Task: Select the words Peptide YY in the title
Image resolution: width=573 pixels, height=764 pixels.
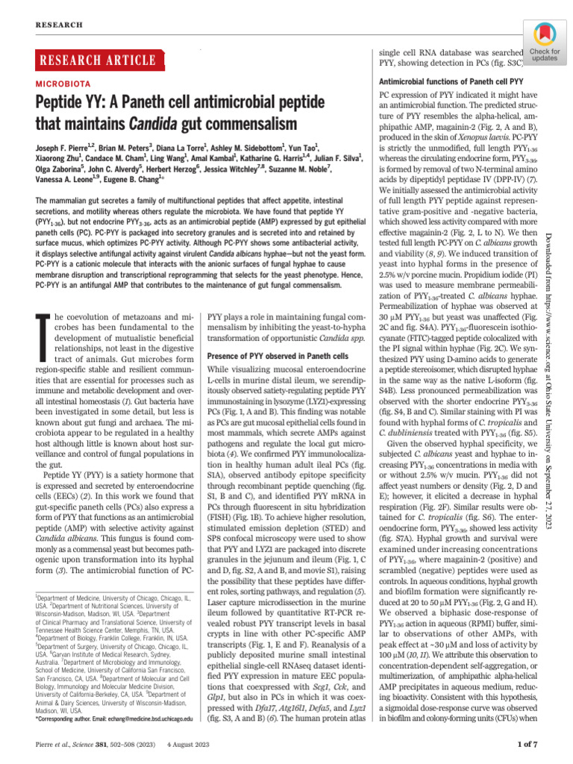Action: point(69,103)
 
